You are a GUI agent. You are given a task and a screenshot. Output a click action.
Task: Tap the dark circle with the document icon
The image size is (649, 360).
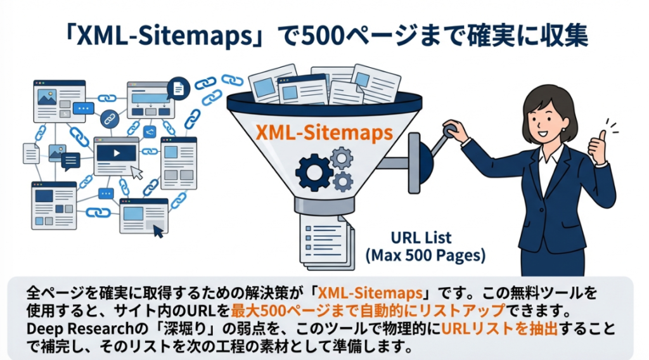178,88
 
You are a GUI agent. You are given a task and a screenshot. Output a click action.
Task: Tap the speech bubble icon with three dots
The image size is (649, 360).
83,109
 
